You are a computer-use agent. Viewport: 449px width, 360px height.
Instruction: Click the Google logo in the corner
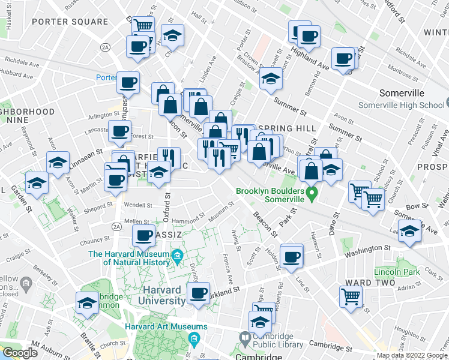pyautogui.click(x=20, y=353)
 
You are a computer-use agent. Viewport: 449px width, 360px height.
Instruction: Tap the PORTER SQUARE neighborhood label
pyautogui.click(x=70, y=22)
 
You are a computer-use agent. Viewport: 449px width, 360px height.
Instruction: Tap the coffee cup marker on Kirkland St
pyautogui.click(x=198, y=293)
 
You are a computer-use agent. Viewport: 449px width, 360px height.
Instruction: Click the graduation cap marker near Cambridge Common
pyautogui.click(x=87, y=303)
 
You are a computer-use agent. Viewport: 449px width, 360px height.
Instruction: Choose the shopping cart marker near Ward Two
pyautogui.click(x=351, y=295)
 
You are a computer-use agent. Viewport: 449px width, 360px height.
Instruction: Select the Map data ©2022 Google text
pyautogui.click(x=412, y=355)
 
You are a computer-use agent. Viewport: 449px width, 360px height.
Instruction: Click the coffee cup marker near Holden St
pyautogui.click(x=292, y=257)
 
